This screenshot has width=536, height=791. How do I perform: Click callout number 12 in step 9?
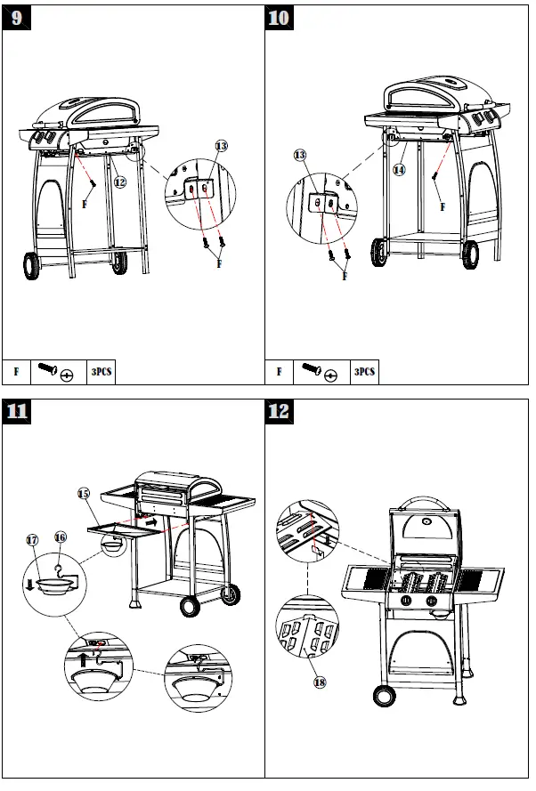(118, 181)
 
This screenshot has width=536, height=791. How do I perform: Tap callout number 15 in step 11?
(83, 492)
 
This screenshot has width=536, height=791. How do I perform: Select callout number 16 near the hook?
(61, 537)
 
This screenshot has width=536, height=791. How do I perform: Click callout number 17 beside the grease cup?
(32, 539)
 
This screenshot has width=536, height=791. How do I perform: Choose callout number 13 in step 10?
(300, 155)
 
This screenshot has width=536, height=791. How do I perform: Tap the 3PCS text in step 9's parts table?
(101, 372)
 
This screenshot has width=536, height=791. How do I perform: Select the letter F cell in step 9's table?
(16, 372)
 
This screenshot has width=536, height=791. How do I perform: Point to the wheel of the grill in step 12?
(384, 695)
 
